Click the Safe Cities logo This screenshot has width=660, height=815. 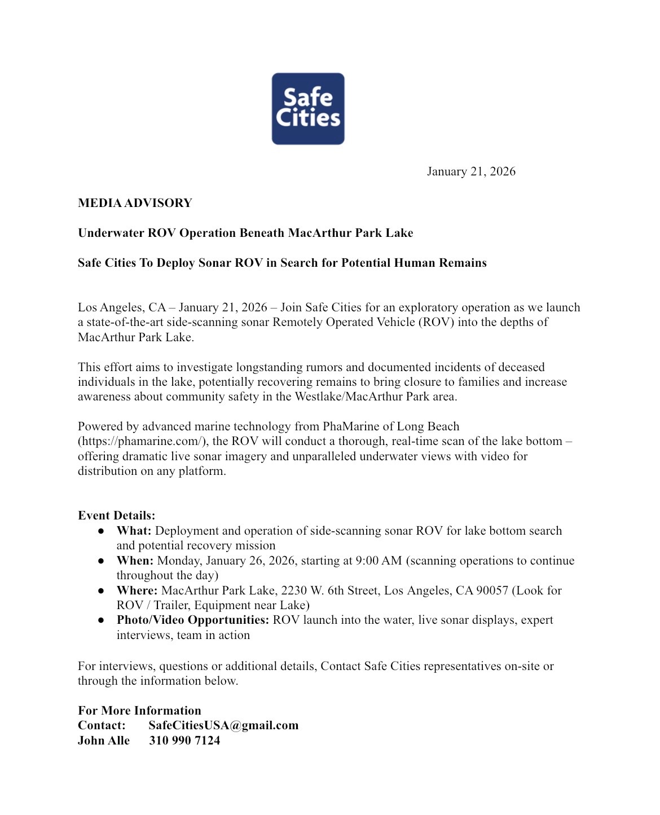pyautogui.click(x=308, y=109)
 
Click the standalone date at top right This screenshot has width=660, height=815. pyautogui.click(x=470, y=171)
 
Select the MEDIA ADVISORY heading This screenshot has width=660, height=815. pyautogui.click(x=135, y=203)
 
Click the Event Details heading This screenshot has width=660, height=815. pyautogui.click(x=116, y=516)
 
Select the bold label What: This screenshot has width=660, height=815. pyautogui.click(x=134, y=531)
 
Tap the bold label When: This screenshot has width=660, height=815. pyautogui.click(x=135, y=561)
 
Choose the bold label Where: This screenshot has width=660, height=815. pyautogui.click(x=137, y=591)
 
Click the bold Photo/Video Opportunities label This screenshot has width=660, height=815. pyautogui.click(x=192, y=620)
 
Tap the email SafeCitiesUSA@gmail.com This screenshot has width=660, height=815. pyautogui.click(x=223, y=725)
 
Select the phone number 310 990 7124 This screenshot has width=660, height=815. pyautogui.click(x=184, y=741)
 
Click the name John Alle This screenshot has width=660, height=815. pyautogui.click(x=104, y=741)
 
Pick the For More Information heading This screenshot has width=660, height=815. pyautogui.click(x=139, y=711)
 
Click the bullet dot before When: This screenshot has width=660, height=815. pyautogui.click(x=101, y=561)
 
